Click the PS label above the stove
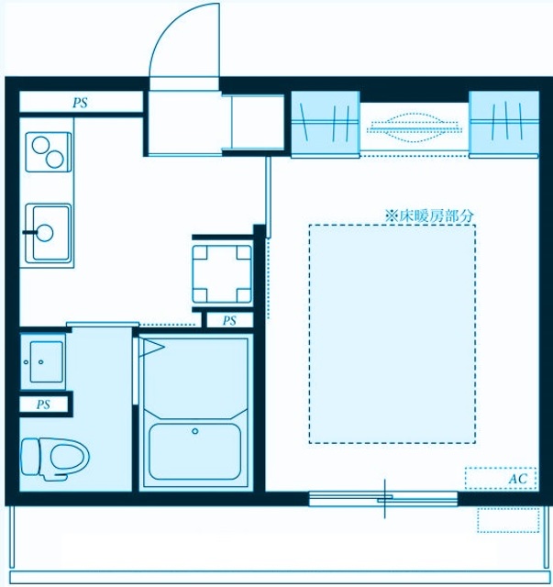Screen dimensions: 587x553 [81, 103]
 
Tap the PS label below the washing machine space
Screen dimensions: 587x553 [229, 321]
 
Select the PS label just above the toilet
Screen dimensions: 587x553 [43, 404]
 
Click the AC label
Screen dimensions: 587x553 [515, 479]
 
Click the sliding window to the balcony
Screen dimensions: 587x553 [383, 499]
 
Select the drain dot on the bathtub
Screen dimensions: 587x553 [194, 430]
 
